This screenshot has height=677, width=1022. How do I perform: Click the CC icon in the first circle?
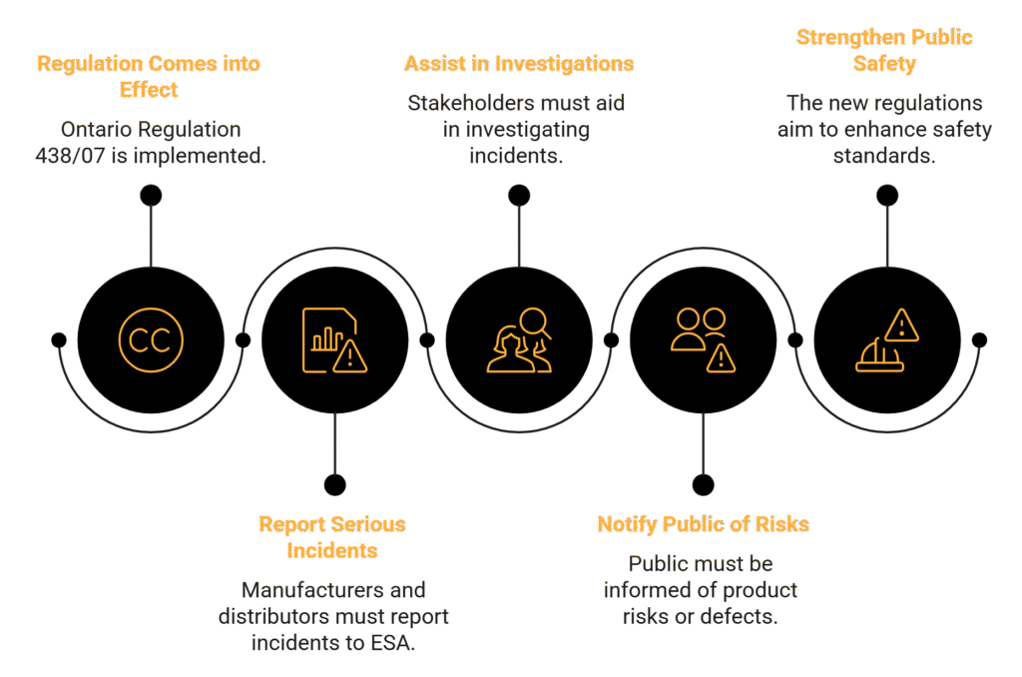pyautogui.click(x=150, y=340)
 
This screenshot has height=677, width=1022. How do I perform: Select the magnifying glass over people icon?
pyautogui.click(x=519, y=340)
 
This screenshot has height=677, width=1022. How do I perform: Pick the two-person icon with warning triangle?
pyautogui.click(x=703, y=340)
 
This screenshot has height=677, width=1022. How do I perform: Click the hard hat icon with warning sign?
pyautogui.click(x=887, y=340)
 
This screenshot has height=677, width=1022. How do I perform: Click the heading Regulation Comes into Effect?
pyautogui.click(x=149, y=77)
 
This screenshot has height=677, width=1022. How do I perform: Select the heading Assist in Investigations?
pyautogui.click(x=519, y=64)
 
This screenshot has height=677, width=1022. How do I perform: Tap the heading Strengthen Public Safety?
pyautogui.click(x=884, y=51)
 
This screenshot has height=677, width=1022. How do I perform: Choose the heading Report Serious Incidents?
pyautogui.click(x=332, y=537)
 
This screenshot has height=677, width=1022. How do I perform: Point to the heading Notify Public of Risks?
pyautogui.click(x=703, y=524)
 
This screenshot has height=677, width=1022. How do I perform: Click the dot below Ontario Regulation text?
pyautogui.click(x=150, y=195)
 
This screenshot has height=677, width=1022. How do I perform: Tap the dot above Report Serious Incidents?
pyautogui.click(x=334, y=485)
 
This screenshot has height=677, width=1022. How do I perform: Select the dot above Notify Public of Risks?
pyautogui.click(x=703, y=485)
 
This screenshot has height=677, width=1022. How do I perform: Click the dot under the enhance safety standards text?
pyautogui.click(x=887, y=195)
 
